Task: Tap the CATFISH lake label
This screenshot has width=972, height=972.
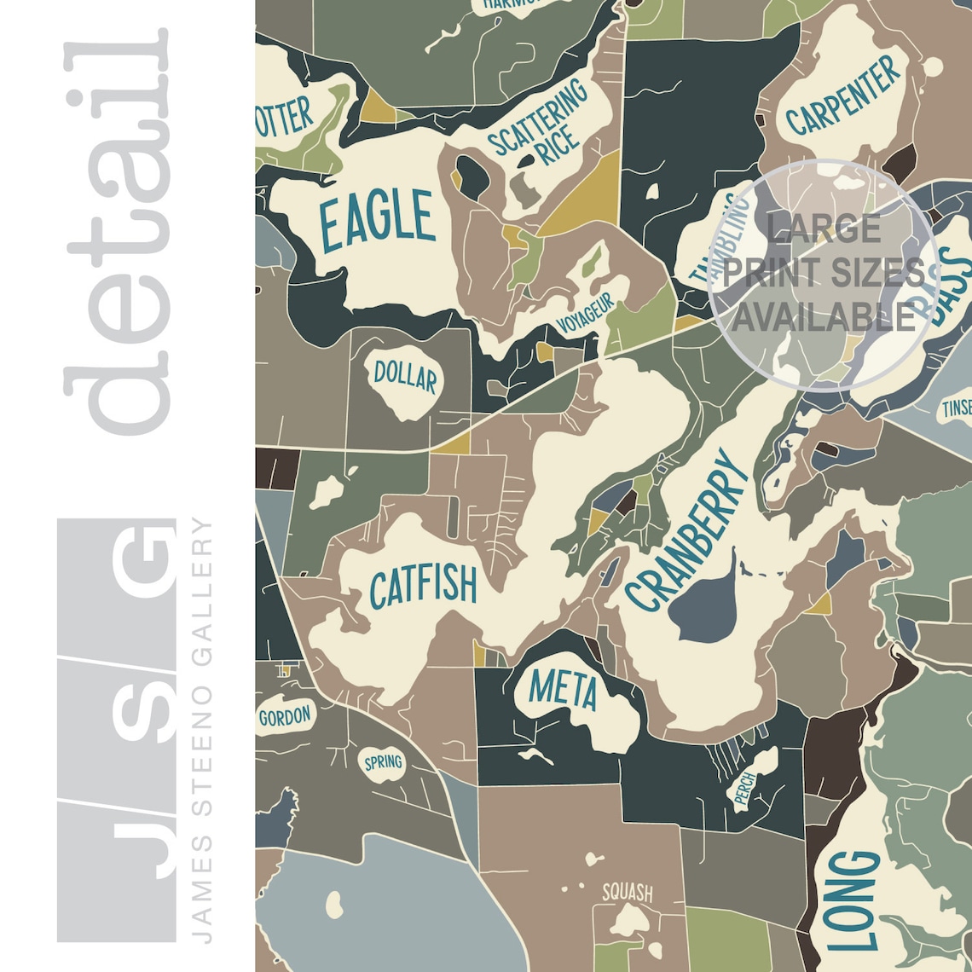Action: (423, 587)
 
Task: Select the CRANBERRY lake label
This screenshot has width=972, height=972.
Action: (685, 531)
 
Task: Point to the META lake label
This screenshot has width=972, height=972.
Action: (563, 690)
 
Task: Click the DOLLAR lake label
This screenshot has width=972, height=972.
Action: (405, 377)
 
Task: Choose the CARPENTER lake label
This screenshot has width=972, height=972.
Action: (842, 95)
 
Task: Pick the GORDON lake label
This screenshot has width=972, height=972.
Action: (285, 716)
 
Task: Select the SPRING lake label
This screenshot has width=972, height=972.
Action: (383, 761)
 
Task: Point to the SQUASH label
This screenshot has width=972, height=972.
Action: (627, 893)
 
